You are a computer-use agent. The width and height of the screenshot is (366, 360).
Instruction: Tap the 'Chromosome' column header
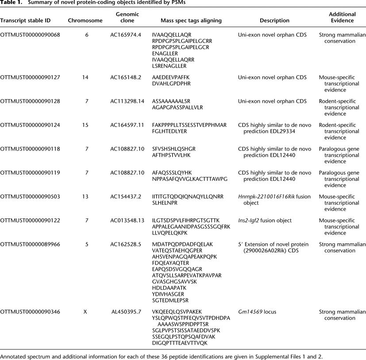pyautogui.click(x=85, y=20)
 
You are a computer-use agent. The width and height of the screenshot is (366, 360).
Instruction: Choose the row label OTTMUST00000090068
pyautogui.click(x=31, y=34)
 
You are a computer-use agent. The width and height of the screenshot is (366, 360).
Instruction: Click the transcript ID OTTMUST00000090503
pyautogui.click(x=31, y=197)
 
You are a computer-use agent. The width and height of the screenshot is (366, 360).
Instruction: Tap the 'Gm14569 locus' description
pyautogui.click(x=257, y=312)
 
